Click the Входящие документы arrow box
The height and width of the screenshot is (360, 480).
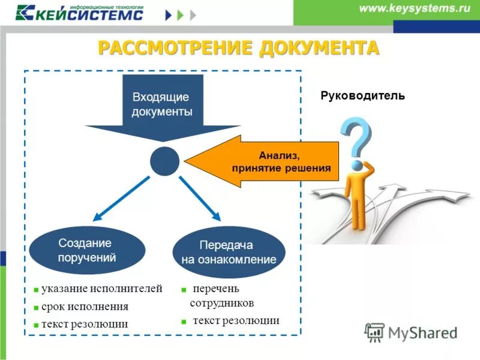162,104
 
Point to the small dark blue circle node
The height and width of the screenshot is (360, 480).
164,161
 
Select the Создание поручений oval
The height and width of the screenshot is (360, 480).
87,251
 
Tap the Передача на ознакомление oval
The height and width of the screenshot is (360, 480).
229,253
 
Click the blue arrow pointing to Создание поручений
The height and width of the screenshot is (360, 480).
120,198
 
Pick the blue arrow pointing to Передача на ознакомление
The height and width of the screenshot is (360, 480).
201,198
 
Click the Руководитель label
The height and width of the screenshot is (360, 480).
363,95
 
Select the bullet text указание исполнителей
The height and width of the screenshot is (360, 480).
101,289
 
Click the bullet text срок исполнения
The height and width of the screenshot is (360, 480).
85,307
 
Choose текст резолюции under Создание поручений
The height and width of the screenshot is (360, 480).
85,324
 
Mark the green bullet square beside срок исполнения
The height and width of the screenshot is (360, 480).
36,308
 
